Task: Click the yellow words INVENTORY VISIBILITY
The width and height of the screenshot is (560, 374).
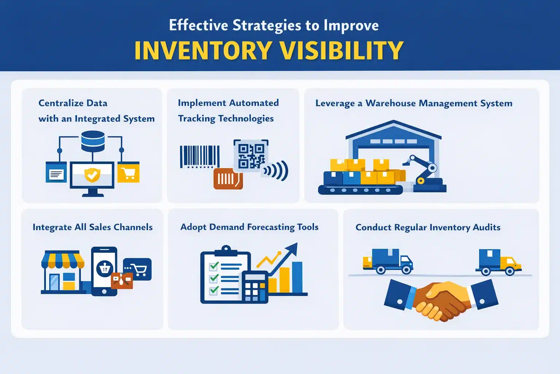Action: [269, 50]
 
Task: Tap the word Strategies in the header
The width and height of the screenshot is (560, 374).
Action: [267, 25]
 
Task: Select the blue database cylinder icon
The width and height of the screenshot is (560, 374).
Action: [93, 141]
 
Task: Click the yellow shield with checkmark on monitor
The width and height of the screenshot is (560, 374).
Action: [92, 175]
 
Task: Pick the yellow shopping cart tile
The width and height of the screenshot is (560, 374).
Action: [128, 172]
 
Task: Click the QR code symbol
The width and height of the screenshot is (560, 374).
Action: [251, 156]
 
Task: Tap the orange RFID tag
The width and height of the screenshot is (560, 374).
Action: [228, 179]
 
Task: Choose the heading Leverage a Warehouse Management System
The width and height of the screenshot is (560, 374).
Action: [413, 103]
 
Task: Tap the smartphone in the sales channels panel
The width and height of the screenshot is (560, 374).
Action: [104, 271]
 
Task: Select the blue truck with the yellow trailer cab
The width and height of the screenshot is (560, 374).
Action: [498, 262]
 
